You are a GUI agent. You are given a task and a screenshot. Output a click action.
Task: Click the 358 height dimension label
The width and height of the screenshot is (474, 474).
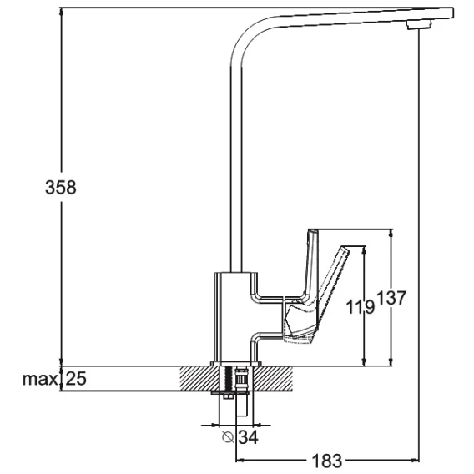point(61,187)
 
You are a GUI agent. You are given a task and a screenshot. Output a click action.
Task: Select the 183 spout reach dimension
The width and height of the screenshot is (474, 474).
point(326,461)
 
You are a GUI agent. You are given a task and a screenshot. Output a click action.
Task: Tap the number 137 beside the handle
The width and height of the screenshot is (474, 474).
point(391,298)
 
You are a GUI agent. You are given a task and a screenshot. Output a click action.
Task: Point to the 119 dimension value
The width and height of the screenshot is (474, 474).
point(360,307)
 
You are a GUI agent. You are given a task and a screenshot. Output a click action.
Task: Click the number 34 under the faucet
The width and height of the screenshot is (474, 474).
point(248,437)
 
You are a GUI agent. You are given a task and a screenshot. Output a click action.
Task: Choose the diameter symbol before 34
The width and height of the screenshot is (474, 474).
point(228,436)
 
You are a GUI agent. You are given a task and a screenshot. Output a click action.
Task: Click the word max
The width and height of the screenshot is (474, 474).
point(39,379)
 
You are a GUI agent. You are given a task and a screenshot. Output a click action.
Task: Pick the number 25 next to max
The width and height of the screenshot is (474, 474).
point(76,378)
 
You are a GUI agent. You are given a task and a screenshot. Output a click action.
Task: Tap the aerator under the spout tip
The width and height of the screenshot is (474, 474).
point(418,24)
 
